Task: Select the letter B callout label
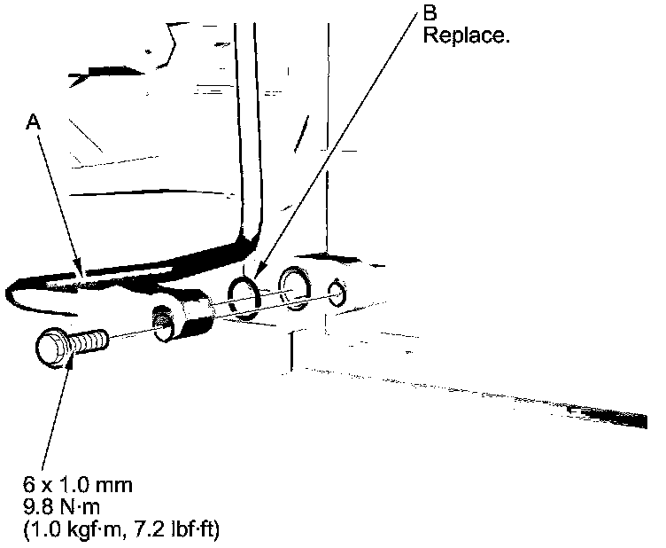tap(430, 15)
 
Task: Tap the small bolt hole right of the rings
tap(336, 292)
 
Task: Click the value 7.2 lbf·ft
tap(173, 529)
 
